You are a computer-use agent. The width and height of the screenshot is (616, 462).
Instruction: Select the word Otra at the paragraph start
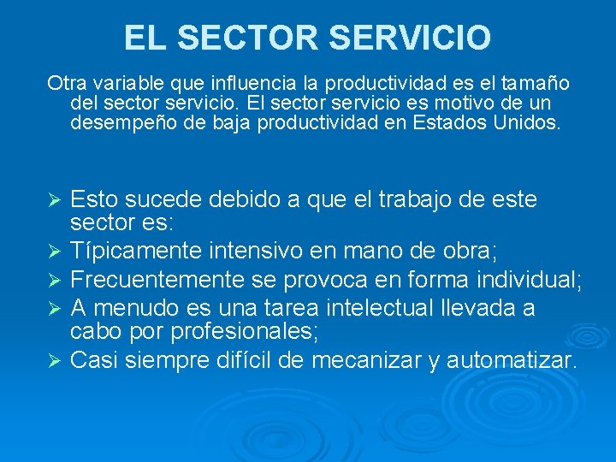[64, 84]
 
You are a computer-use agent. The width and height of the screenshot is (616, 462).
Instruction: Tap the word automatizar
[512, 360]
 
